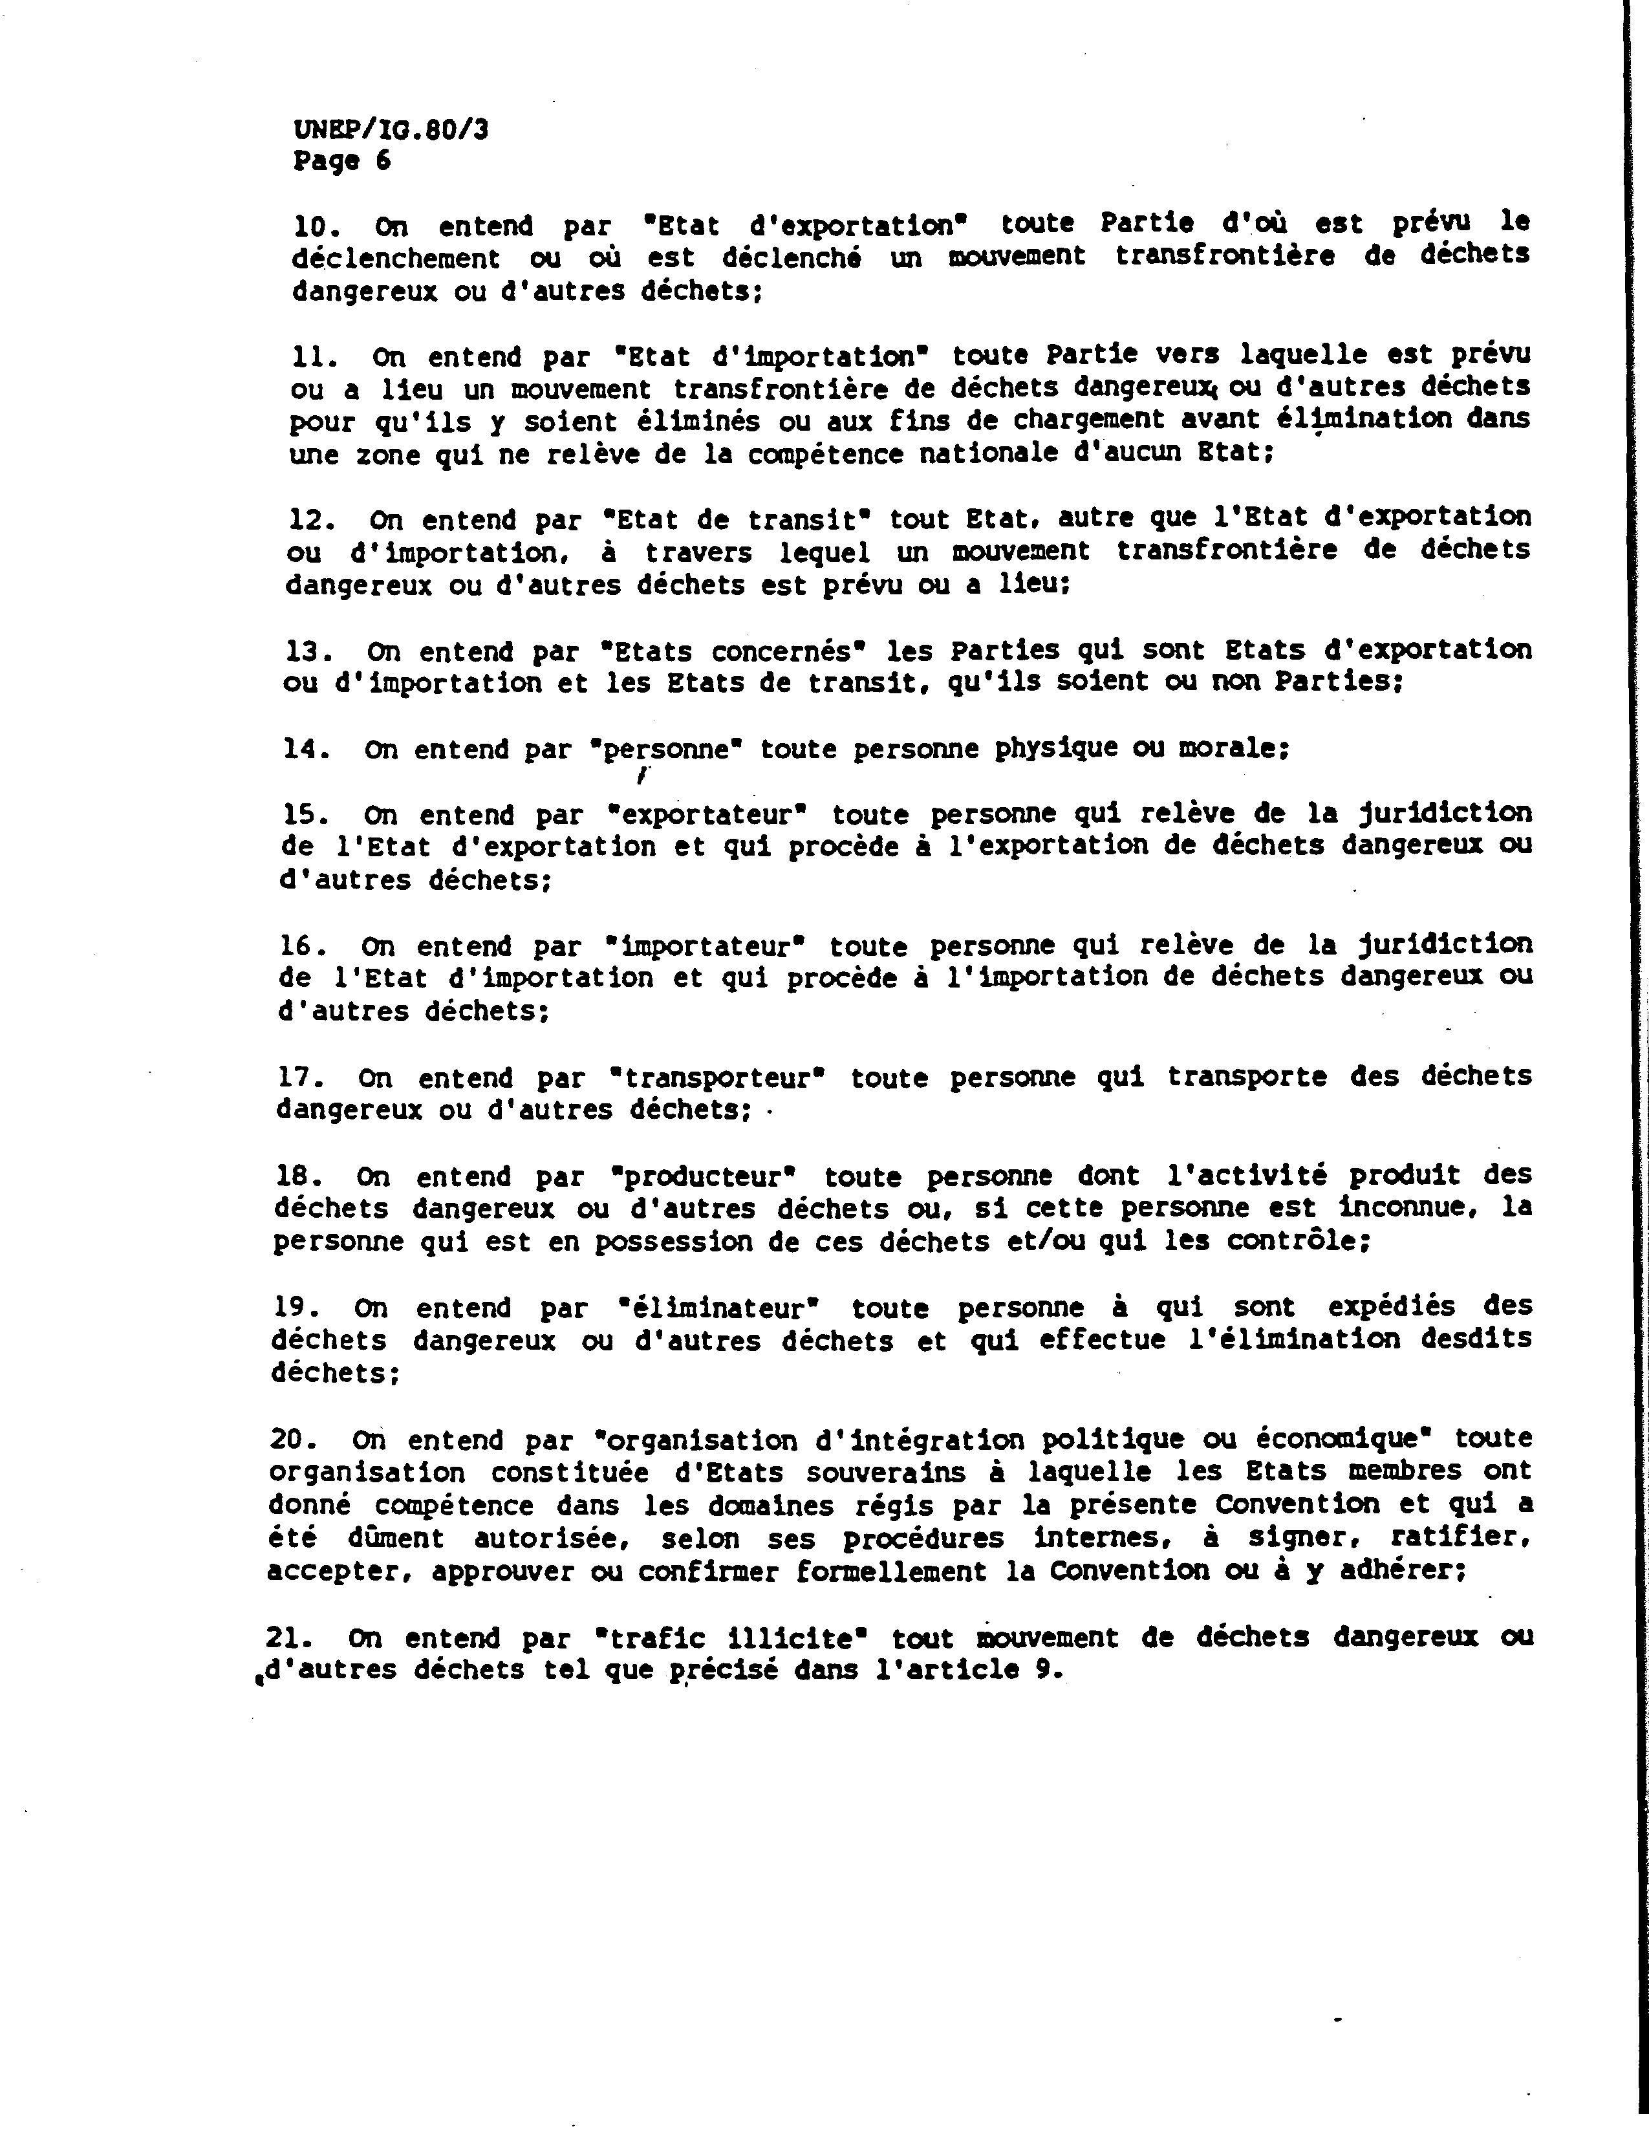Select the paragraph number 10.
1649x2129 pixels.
tap(316, 226)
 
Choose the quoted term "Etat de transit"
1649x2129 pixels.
tap(737, 519)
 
